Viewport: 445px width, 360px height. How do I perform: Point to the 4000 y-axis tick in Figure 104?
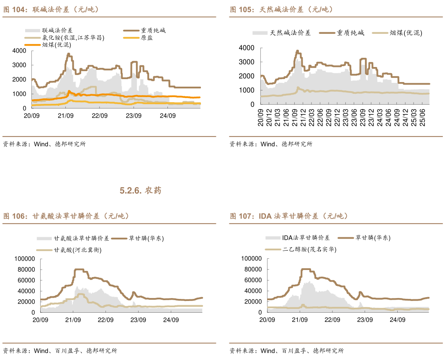[x=19, y=51]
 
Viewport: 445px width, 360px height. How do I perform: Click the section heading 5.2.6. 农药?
[x=140, y=191]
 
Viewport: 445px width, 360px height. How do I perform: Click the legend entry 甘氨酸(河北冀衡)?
[x=77, y=250]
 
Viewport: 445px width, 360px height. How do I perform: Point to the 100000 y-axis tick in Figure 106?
[x=24, y=259]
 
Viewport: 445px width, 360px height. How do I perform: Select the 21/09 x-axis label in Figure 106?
[x=73, y=320]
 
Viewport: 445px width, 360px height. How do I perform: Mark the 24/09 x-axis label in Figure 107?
[x=397, y=320]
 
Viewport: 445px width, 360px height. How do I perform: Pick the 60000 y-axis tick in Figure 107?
[x=252, y=280]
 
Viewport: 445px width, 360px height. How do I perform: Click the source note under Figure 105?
[x=270, y=144]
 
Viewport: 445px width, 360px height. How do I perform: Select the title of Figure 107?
[x=289, y=216]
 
